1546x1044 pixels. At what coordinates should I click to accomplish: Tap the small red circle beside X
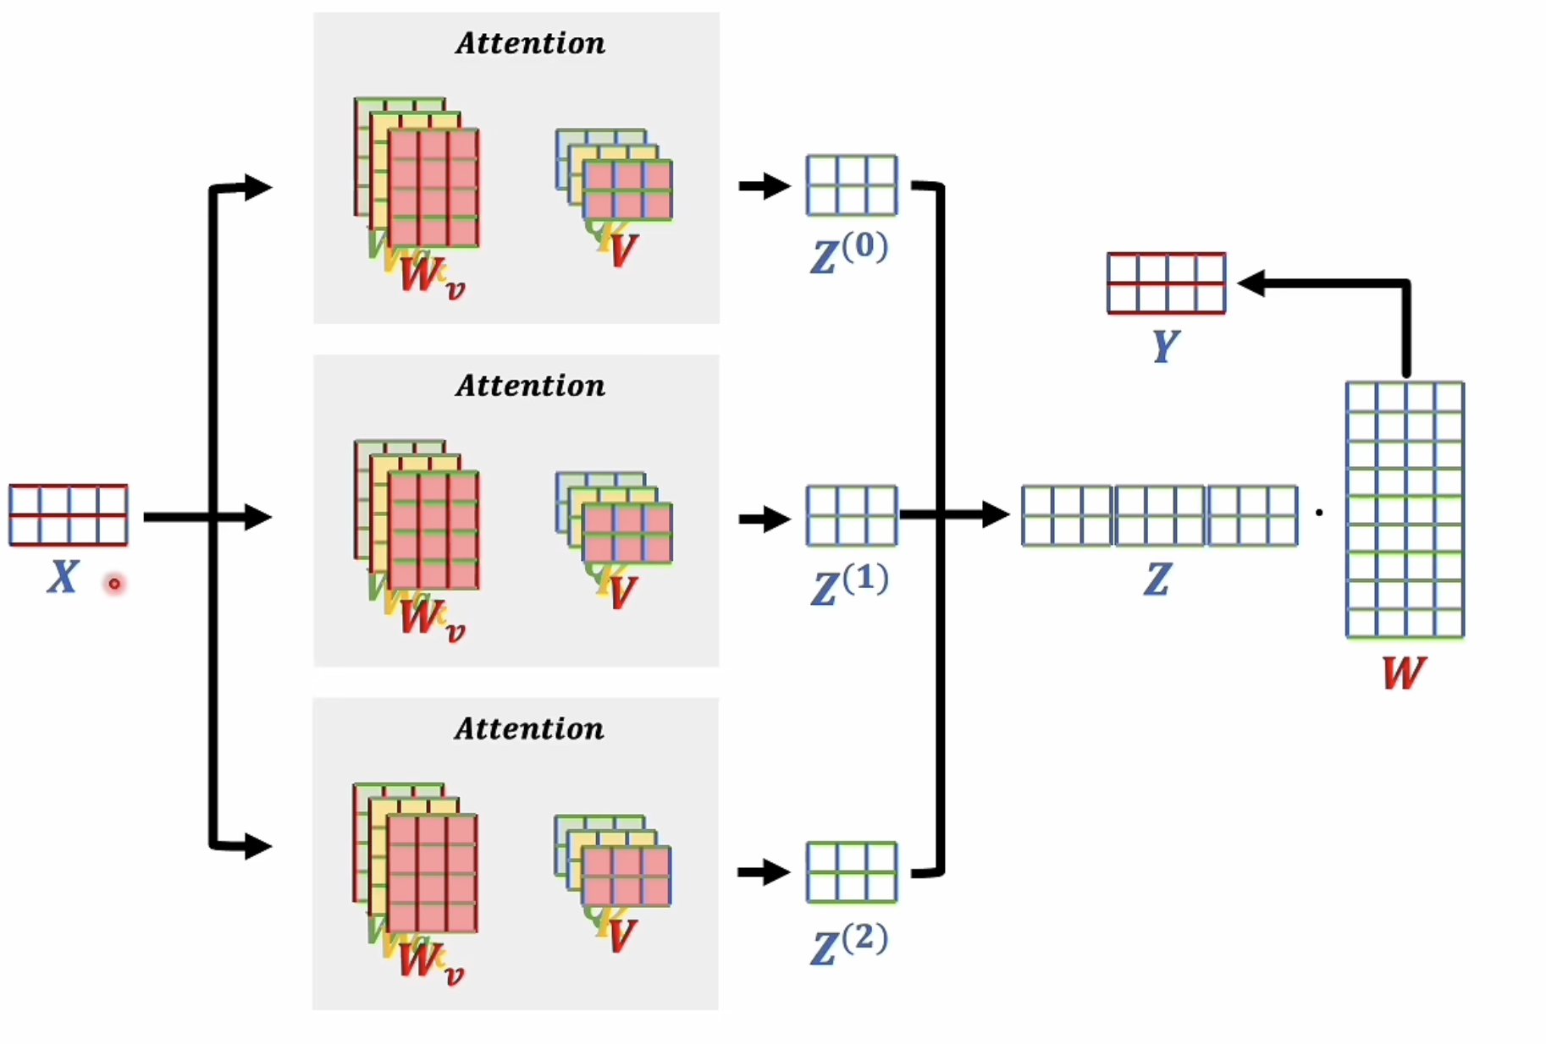(x=113, y=584)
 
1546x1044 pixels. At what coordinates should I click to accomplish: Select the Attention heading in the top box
(x=530, y=43)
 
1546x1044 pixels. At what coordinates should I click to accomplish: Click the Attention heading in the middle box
(x=530, y=386)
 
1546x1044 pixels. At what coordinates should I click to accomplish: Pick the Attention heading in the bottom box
(x=529, y=728)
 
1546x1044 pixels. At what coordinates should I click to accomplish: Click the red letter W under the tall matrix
(x=1403, y=673)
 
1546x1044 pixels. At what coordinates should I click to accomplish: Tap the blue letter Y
(x=1165, y=345)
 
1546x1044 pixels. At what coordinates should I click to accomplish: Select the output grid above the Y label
(x=1166, y=283)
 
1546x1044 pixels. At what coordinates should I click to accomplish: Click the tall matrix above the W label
(x=1405, y=509)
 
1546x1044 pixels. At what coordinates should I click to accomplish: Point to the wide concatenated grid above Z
(x=1159, y=515)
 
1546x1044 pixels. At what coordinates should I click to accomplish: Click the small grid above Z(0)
(x=851, y=185)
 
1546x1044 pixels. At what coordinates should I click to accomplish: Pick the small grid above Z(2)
(x=851, y=872)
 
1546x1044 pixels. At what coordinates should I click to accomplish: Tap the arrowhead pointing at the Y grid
(x=1252, y=283)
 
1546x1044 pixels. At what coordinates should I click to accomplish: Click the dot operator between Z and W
(x=1319, y=513)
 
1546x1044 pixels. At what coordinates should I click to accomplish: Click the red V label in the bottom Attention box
(x=622, y=936)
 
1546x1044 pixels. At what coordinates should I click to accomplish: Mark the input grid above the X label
(x=68, y=515)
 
